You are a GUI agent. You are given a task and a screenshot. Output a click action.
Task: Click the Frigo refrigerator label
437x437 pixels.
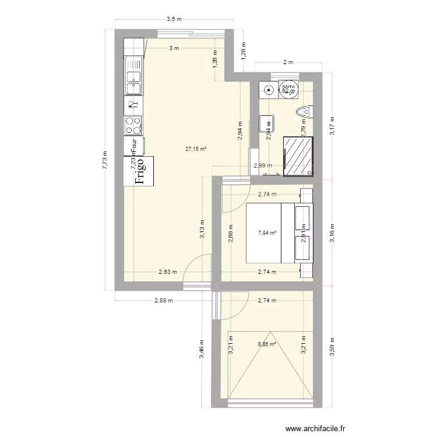pyautogui.click(x=139, y=171)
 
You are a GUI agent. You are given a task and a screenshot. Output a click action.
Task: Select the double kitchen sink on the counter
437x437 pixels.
pyautogui.click(x=133, y=76)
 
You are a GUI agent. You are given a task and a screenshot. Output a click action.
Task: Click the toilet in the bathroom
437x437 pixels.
pyautogui.click(x=305, y=111)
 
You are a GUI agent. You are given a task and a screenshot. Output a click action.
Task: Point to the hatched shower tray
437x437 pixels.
pyautogui.click(x=298, y=155)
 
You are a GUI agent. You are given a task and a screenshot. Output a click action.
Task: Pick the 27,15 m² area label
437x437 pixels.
pyautogui.click(x=196, y=149)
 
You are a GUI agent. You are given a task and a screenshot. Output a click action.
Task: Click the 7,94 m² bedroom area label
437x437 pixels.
pyautogui.click(x=267, y=233)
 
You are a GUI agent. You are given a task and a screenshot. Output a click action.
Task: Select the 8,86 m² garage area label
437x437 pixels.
pyautogui.click(x=267, y=344)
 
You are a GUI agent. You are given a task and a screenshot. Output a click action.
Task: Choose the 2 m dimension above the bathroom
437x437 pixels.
pyautogui.click(x=287, y=62)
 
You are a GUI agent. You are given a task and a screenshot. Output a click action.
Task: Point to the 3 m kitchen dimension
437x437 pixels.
pyautogui.click(x=174, y=48)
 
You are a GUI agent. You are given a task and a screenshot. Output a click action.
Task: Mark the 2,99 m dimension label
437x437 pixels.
pyautogui.click(x=262, y=165)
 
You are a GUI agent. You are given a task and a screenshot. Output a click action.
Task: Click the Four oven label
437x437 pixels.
pyautogui.click(x=134, y=143)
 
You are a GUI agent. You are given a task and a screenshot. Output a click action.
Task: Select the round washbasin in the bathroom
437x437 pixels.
pyautogui.click(x=269, y=90)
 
